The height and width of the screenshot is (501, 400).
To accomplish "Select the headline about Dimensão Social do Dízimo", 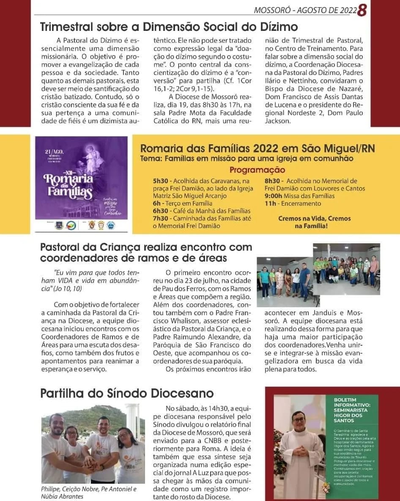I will tap(169, 27).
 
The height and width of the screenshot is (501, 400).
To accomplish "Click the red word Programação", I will tap(257, 170).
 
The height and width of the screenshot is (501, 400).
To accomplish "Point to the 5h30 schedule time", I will tap(160, 181).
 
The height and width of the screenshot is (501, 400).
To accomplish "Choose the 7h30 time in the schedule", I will tap(161, 218).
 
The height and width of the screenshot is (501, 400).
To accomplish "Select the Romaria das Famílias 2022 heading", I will tap(257, 149).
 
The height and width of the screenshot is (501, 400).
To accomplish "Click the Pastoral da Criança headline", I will tap(146, 252).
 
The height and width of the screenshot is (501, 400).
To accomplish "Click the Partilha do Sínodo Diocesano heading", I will tap(127, 393).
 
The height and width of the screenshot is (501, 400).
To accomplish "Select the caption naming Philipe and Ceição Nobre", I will tap(89, 493).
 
